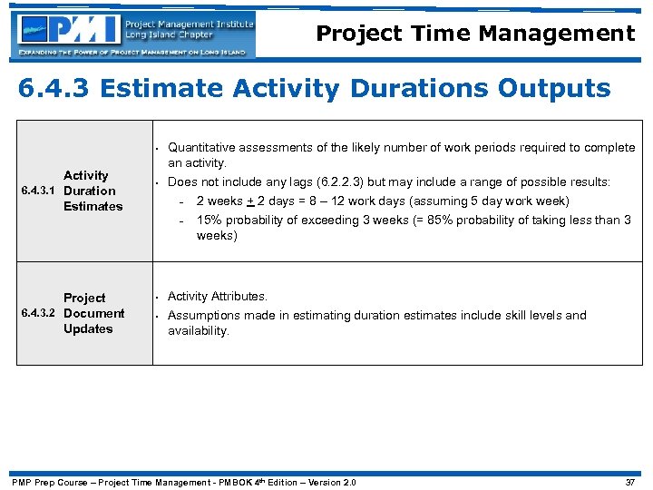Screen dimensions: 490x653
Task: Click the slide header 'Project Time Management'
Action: click(475, 34)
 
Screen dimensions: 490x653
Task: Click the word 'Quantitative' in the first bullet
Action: click(203, 147)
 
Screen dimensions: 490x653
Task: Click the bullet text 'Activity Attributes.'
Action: click(218, 296)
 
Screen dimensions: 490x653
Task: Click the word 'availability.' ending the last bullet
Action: click(199, 331)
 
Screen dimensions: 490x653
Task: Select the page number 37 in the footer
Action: click(630, 482)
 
